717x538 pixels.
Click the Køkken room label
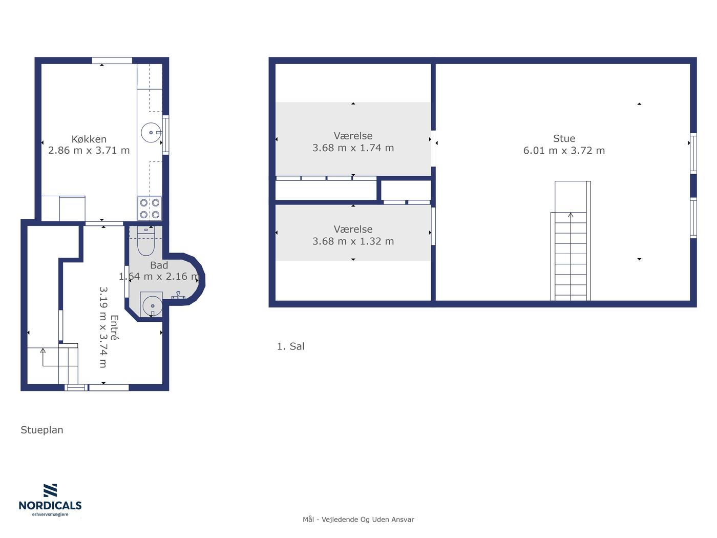(89, 139)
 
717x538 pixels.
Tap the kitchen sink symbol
(151, 133)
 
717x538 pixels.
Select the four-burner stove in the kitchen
(150, 209)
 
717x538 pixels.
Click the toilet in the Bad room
(145, 241)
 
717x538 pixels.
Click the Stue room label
(564, 138)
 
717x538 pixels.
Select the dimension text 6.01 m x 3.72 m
(564, 151)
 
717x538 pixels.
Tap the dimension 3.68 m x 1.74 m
(353, 148)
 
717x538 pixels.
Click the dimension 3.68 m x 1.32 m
(353, 241)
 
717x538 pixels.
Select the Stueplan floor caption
(42, 430)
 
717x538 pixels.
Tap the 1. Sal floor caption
(290, 346)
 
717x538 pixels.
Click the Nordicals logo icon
(50, 490)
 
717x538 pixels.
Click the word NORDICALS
(50, 506)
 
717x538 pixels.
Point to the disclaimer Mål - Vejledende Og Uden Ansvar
(358, 520)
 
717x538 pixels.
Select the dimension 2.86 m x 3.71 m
(89, 151)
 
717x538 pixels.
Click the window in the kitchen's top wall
(112, 60)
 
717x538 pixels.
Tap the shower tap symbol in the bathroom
(178, 296)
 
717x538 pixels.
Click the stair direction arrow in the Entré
(43, 358)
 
